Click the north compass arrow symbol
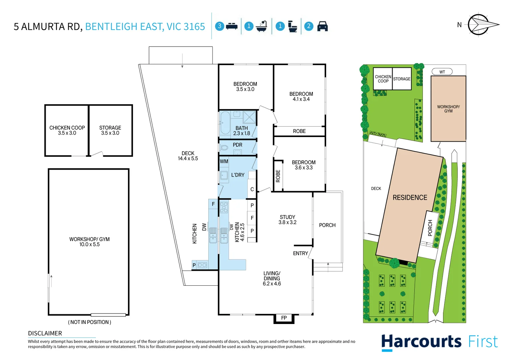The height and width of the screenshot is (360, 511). click(x=482, y=24)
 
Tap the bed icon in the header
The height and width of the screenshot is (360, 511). click(x=232, y=26)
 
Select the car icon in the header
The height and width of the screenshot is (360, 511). click(x=322, y=26)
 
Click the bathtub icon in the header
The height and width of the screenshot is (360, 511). click(x=262, y=26)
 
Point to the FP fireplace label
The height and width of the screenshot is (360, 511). click(x=284, y=318)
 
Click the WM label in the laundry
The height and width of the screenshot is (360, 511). click(x=224, y=161)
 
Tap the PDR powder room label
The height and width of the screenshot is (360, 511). click(x=238, y=145)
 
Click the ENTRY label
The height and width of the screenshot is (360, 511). click(x=300, y=253)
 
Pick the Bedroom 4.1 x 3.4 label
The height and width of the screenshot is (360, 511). click(x=301, y=96)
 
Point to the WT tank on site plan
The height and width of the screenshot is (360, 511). click(x=442, y=72)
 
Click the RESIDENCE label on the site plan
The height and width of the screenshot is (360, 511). click(x=410, y=198)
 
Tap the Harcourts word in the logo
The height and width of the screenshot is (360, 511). click(x=421, y=342)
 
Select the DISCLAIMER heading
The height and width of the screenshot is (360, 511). click(x=45, y=333)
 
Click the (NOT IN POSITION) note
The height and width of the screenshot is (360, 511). click(x=90, y=322)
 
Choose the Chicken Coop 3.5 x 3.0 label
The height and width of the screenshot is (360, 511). click(x=67, y=130)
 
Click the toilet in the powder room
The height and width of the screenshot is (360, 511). click(x=224, y=147)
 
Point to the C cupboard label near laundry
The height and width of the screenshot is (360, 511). click(x=252, y=189)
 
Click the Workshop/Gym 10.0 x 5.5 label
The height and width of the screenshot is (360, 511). click(x=89, y=242)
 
